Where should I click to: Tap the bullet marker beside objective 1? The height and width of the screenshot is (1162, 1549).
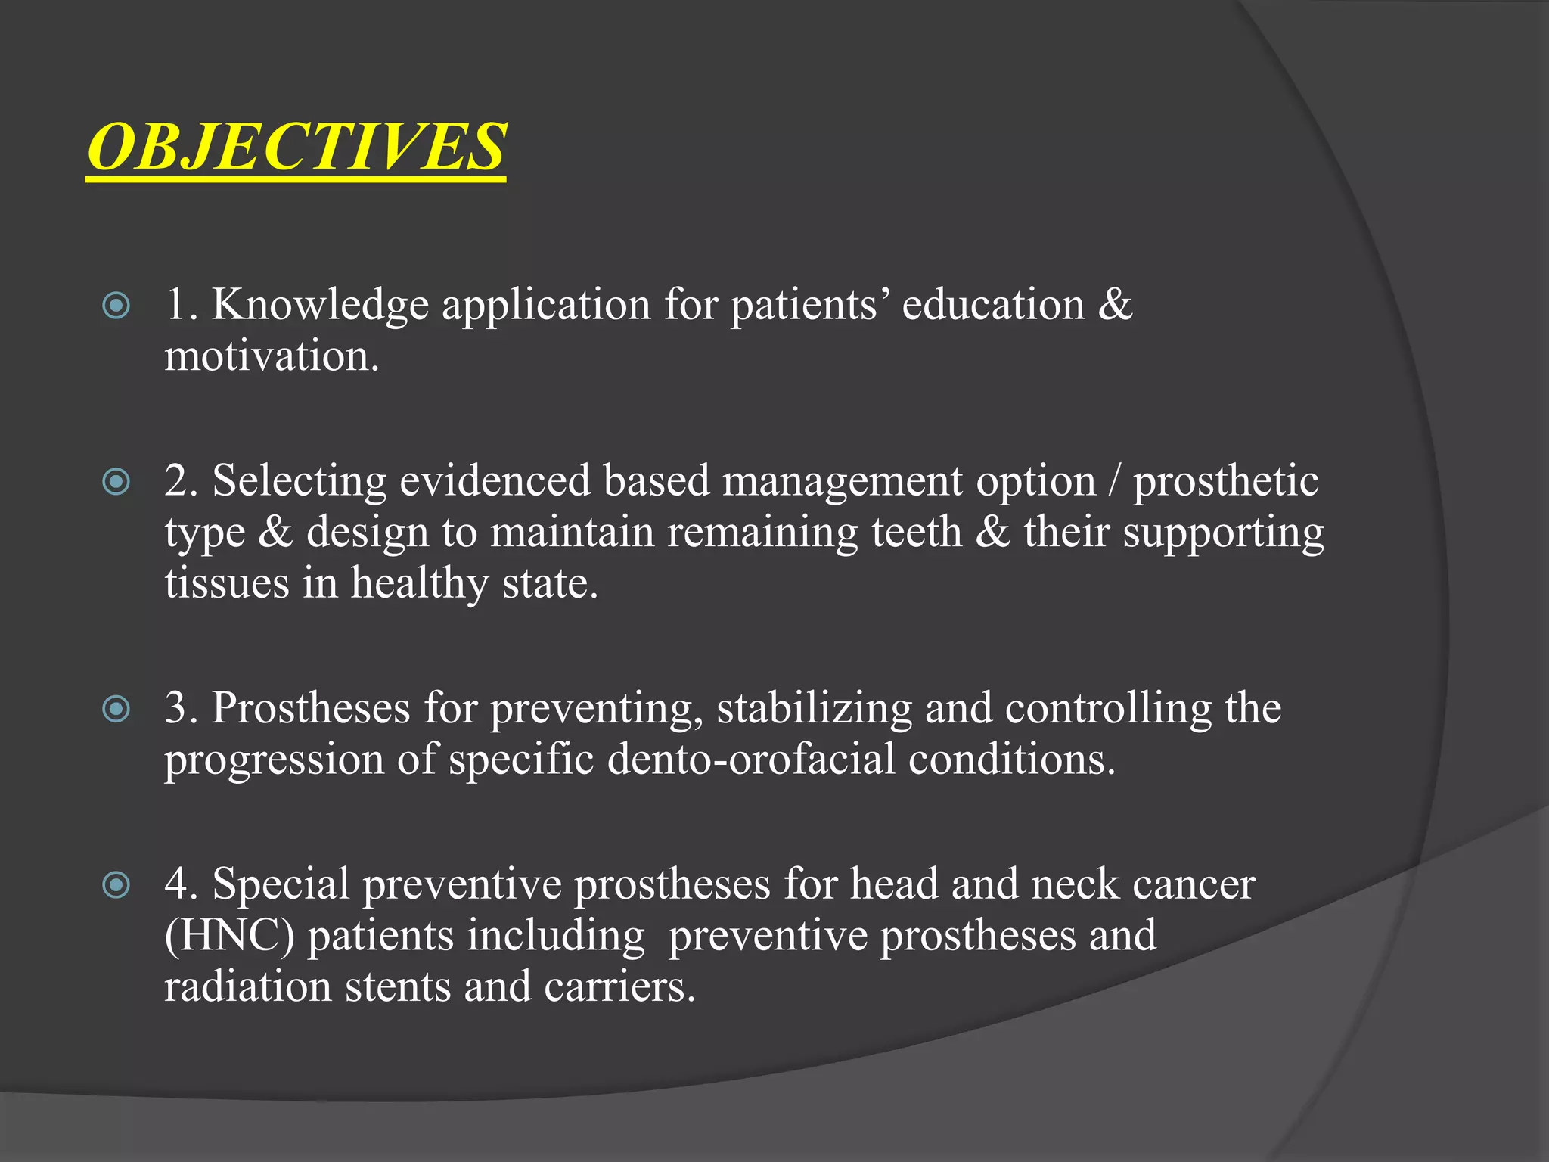116,306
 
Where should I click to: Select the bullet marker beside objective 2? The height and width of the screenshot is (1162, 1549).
116,481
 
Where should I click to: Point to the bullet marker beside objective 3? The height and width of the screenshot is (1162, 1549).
116,709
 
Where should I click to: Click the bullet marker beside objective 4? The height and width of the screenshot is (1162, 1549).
116,884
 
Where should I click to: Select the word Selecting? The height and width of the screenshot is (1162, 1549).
299,481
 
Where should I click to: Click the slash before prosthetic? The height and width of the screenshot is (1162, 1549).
1113,481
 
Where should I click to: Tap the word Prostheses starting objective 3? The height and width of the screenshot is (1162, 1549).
311,709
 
